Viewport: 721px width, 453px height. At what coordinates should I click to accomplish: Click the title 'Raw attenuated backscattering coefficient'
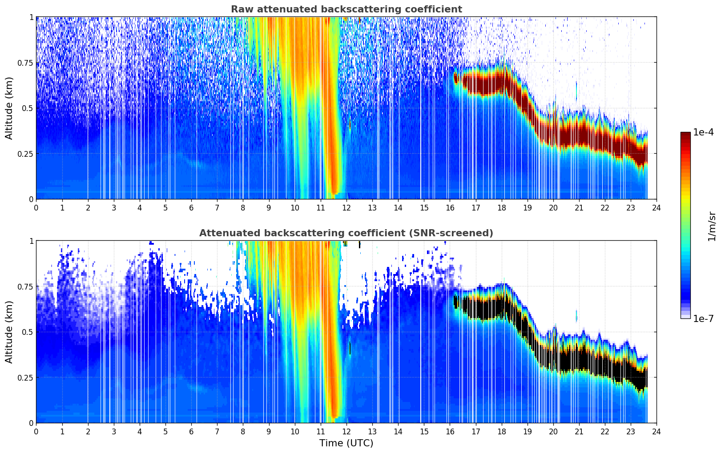point(346,9)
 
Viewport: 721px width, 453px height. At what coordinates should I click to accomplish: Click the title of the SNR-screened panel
point(346,233)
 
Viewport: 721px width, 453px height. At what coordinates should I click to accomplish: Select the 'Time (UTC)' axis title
point(346,443)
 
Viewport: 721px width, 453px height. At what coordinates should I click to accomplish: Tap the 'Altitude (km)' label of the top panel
point(9,108)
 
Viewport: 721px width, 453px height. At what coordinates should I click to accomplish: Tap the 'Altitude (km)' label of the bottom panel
point(9,332)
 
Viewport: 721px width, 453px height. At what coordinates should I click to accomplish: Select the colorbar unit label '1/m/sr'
point(712,226)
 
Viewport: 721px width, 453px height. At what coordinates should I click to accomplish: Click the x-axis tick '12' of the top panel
point(346,207)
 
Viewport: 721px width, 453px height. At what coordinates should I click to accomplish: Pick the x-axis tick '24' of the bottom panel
point(657,431)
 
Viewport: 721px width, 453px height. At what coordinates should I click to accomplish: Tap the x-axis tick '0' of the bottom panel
point(36,431)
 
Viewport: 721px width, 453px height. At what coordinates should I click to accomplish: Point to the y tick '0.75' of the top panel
point(24,63)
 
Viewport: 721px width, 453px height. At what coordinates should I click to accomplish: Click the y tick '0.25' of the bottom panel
point(24,377)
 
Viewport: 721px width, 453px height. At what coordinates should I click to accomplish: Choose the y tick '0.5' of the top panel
point(28,108)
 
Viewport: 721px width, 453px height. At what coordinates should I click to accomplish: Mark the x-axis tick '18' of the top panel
point(501,207)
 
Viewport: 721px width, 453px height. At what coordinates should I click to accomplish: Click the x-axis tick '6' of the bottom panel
point(191,431)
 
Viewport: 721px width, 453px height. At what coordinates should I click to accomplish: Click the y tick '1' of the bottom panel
point(31,241)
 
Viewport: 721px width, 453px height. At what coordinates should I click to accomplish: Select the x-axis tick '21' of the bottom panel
point(579,431)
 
